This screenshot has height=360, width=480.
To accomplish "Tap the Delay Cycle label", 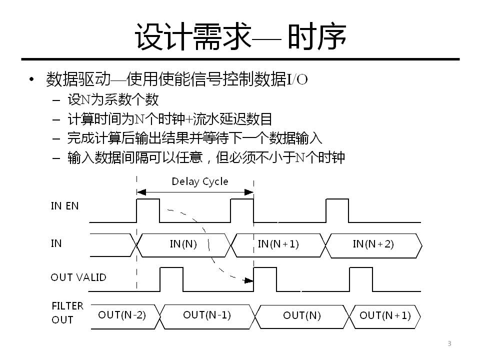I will pyautogui.click(x=199, y=181).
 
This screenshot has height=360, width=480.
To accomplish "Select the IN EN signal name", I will pyautogui.click(x=65, y=206).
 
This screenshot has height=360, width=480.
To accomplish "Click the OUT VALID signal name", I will pyautogui.click(x=78, y=277).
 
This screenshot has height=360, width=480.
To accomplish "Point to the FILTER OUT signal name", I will pyautogui.click(x=67, y=312).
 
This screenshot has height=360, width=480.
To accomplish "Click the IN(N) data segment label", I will pyautogui.click(x=183, y=244).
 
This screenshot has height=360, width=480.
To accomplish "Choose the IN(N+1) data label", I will pyautogui.click(x=278, y=244).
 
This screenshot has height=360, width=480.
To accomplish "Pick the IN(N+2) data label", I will pyautogui.click(x=373, y=244).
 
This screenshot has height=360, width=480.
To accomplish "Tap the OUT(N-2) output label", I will pyautogui.click(x=122, y=315).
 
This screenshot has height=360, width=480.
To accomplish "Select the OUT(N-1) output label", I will pyautogui.click(x=206, y=315).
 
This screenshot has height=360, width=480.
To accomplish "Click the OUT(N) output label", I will pyautogui.click(x=302, y=315).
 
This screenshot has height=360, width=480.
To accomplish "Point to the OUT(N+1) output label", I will pyautogui.click(x=385, y=315).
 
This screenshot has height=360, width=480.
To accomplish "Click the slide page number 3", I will pyautogui.click(x=449, y=343).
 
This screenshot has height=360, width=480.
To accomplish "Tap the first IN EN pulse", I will pyautogui.click(x=148, y=210).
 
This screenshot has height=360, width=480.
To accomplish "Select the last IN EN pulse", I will pyautogui.click(x=337, y=210).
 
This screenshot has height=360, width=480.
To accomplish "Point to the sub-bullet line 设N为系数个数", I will pyautogui.click(x=113, y=100).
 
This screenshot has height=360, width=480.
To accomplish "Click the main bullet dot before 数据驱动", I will pyautogui.click(x=32, y=80).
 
